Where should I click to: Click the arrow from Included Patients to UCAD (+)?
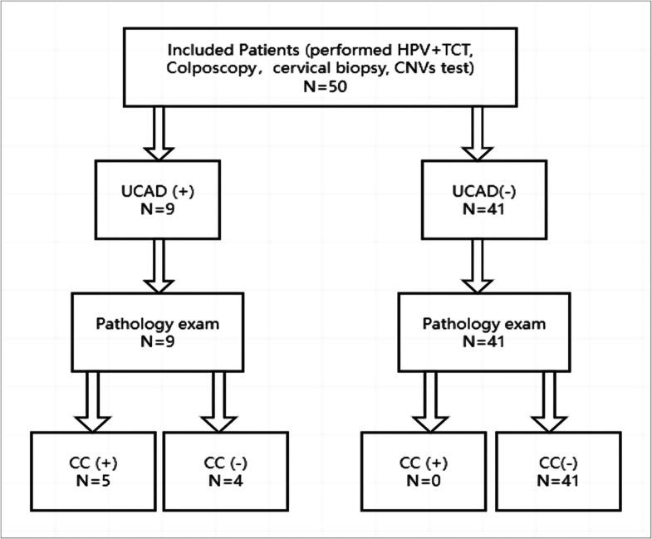coord(158,133)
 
